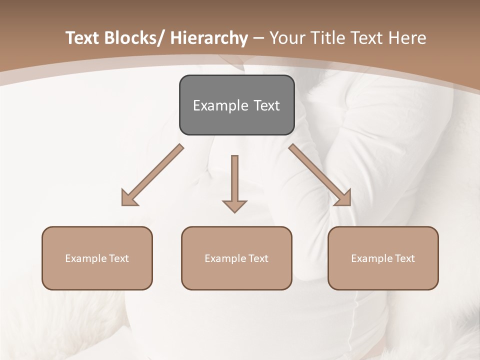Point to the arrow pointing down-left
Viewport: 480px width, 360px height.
pyautogui.click(x=152, y=175)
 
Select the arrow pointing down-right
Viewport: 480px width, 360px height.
pyautogui.click(x=320, y=175)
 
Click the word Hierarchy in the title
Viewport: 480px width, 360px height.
pyautogui.click(x=209, y=38)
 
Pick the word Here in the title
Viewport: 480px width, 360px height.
pyautogui.click(x=407, y=38)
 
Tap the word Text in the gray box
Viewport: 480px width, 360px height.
pyautogui.click(x=266, y=105)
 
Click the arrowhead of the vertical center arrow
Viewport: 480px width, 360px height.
pyautogui.click(x=234, y=205)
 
